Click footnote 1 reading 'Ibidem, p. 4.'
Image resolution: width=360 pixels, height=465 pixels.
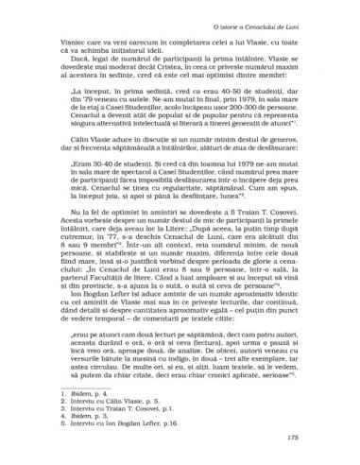point(81,396)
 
